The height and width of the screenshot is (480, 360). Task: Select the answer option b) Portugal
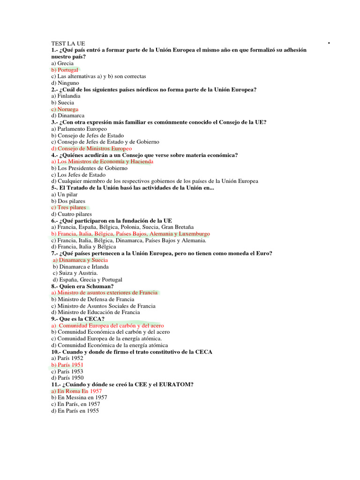[x=65, y=69]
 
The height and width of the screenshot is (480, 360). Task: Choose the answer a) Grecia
[x=63, y=63]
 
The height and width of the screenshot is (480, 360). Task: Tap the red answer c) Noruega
[x=65, y=109]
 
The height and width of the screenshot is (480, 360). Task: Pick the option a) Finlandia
[x=66, y=96]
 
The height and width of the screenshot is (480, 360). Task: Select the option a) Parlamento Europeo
[x=79, y=128]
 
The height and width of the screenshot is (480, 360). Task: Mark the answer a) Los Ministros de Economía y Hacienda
[x=102, y=161]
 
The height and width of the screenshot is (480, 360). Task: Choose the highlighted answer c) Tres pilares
[x=69, y=207]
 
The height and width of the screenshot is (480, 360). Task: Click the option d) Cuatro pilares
[x=72, y=214]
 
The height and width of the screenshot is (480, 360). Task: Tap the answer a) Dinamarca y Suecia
[x=80, y=260]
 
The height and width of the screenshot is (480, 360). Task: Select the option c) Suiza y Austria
[x=75, y=273]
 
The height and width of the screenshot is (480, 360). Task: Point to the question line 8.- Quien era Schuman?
[x=82, y=286]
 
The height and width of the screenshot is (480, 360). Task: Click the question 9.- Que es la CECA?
[x=78, y=319]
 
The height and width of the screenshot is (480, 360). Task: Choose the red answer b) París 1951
[x=67, y=365]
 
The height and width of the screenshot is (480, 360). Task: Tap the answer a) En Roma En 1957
[x=76, y=391]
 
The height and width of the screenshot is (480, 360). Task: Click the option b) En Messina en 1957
[x=79, y=397]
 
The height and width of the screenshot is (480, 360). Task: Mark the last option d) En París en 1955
[x=75, y=411]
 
